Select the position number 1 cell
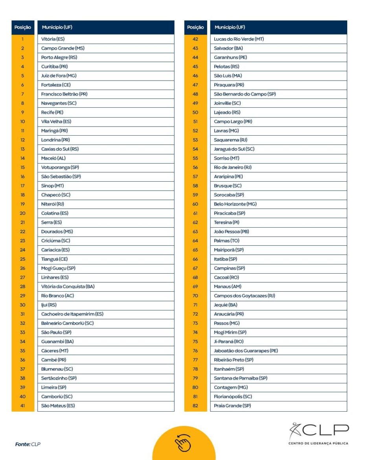click(x=23, y=39)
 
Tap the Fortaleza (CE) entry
click(x=56, y=85)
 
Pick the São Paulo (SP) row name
click(x=56, y=333)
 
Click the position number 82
click(x=195, y=406)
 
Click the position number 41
click(x=23, y=406)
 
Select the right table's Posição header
click(x=195, y=28)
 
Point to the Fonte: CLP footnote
click(x=28, y=444)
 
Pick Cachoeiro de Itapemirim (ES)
click(x=72, y=314)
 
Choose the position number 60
click(x=195, y=204)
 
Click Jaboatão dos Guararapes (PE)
click(x=246, y=351)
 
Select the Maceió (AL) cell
click(x=53, y=158)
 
